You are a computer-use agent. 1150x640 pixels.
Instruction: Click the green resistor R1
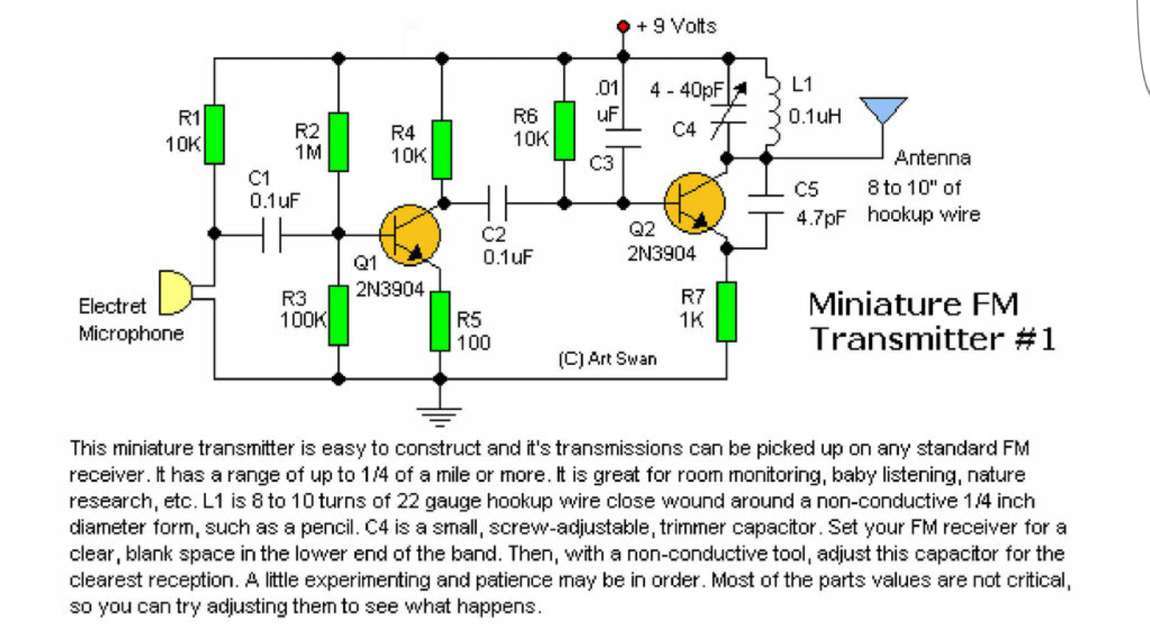[213, 134]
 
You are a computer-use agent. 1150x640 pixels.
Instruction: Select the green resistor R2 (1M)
[338, 141]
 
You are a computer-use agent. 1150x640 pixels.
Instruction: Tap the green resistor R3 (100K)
[338, 315]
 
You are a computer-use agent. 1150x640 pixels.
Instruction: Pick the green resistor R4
[442, 149]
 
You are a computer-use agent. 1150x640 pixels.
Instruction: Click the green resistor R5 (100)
[440, 321]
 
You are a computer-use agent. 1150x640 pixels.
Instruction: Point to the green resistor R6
[564, 130]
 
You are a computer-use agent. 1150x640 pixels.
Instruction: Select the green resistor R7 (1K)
[726, 311]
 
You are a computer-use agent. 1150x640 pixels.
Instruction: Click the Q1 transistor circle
[409, 235]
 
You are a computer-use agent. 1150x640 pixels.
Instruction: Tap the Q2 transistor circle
[694, 203]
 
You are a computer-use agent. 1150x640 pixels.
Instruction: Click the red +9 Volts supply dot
[624, 27]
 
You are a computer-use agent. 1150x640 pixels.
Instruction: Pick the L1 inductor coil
[771, 109]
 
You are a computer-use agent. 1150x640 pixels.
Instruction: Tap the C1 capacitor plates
[272, 235]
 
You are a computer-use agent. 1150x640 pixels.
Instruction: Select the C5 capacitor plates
[766, 203]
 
